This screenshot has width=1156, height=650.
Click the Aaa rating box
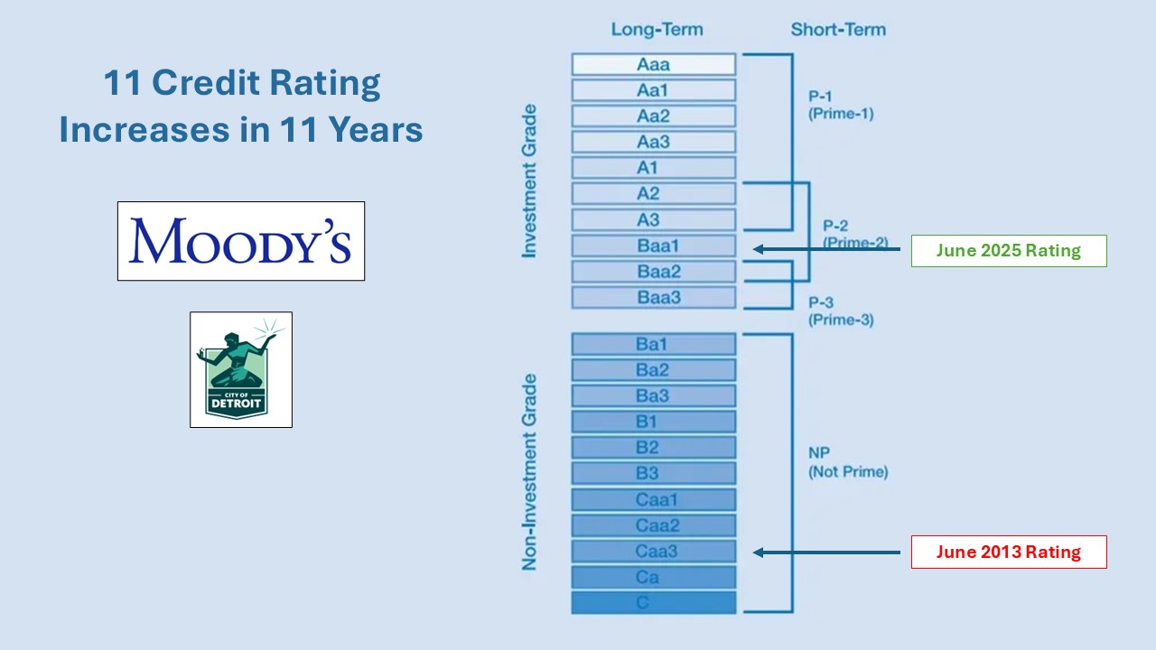click(654, 64)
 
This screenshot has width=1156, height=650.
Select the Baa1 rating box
click(654, 246)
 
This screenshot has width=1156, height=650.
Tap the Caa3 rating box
click(654, 552)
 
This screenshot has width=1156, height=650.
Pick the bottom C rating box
click(654, 603)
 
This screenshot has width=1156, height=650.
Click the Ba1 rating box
click(654, 344)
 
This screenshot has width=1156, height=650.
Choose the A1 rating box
click(654, 168)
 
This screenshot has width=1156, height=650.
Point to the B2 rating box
click(654, 448)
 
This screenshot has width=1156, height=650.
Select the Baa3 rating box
click(654, 297)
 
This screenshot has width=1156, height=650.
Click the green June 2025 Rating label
click(1008, 251)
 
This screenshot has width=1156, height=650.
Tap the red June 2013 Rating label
click(1008, 552)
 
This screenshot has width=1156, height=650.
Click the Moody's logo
click(241, 241)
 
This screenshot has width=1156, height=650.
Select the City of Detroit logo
click(241, 369)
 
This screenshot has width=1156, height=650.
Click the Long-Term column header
click(657, 30)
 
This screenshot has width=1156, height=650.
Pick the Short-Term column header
click(838, 30)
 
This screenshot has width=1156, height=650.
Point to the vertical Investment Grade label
click(529, 181)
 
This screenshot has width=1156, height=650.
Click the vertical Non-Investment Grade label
click(529, 472)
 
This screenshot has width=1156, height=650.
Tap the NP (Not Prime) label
click(847, 462)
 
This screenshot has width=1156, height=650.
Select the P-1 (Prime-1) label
click(841, 106)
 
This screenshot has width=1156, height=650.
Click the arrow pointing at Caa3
click(826, 552)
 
